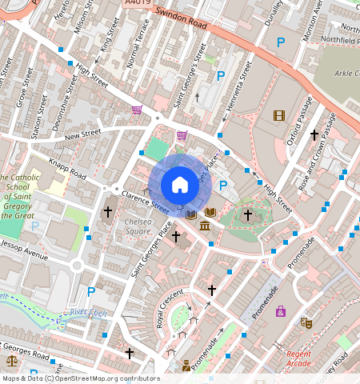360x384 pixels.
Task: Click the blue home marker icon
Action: tap(180, 185)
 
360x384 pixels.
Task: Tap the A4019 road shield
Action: tap(137, 4)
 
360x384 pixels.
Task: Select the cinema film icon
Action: tap(278, 116)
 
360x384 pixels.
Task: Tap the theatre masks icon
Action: tap(305, 323)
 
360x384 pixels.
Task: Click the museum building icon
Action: tap(205, 229)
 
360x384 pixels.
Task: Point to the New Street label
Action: tap(82, 135)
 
